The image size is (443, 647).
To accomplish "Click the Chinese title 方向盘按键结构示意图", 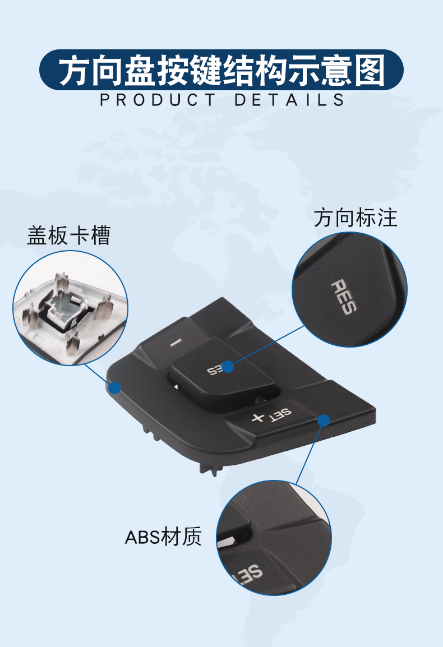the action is (221, 70).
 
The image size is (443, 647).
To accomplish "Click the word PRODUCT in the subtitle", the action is (158, 100).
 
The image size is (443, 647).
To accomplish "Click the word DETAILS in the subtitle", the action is (289, 100).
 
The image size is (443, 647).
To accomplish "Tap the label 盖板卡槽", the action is (68, 236).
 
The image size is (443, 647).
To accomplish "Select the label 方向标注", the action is (356, 218).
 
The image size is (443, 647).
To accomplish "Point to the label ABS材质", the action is (163, 537).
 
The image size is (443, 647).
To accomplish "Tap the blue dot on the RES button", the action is (228, 367).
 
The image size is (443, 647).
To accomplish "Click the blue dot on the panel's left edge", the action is (115, 387).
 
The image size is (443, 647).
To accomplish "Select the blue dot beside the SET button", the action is (323, 420).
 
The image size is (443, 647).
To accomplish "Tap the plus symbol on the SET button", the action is (257, 418).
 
